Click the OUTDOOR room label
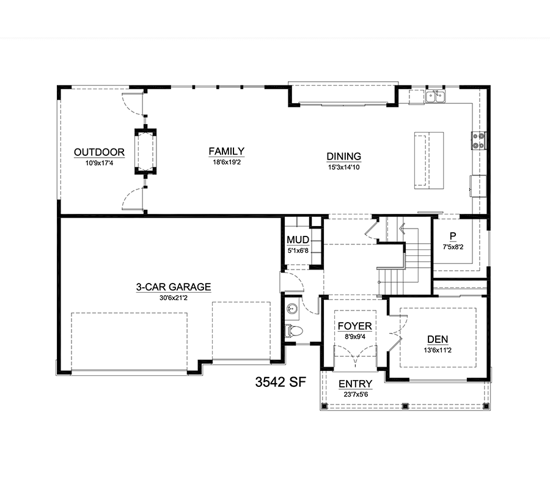click(99, 153)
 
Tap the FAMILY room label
click(226, 152)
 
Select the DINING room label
click(344, 156)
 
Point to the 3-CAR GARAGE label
click(173, 287)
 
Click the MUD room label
click(298, 240)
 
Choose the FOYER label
click(354, 326)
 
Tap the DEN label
click(438, 339)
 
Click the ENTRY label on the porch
click(355, 384)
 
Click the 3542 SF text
click(279, 383)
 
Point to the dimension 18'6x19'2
click(226, 163)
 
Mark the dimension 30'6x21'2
click(173, 298)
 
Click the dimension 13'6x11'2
click(438, 350)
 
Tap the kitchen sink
click(436, 96)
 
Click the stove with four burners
click(478, 141)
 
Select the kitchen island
click(428, 158)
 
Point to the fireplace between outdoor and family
click(145, 152)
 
